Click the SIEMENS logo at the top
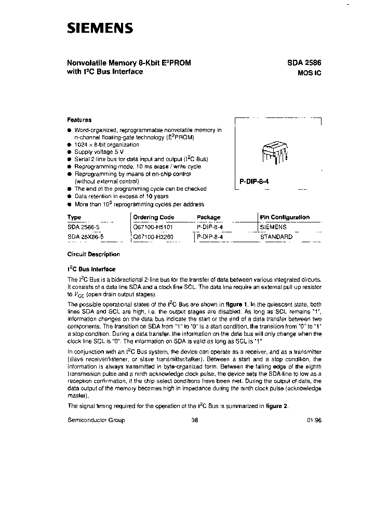[x=100, y=28]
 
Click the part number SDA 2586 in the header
[x=304, y=62]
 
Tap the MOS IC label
[x=310, y=73]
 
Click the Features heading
[x=79, y=120]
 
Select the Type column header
[x=74, y=217]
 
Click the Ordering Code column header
[x=154, y=217]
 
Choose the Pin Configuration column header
[x=285, y=217]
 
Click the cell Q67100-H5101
[x=154, y=227]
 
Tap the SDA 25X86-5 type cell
[x=86, y=236]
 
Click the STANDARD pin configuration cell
[x=276, y=236]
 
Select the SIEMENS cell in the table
[x=273, y=227]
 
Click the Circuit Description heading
[x=94, y=254]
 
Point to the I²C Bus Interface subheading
[x=91, y=269]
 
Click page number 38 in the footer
[x=195, y=420]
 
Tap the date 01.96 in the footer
[x=314, y=420]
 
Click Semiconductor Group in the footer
[x=96, y=420]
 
